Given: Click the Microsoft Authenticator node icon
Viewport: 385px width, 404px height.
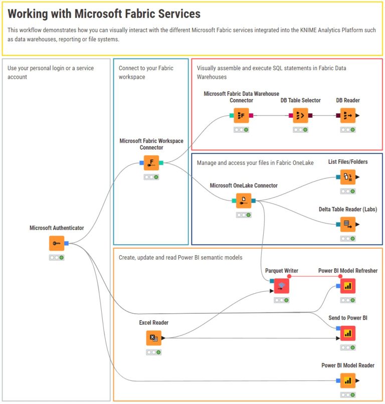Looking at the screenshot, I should pyautogui.click(x=57, y=243).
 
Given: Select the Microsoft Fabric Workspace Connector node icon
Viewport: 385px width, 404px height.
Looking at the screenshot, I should pyautogui.click(x=151, y=162).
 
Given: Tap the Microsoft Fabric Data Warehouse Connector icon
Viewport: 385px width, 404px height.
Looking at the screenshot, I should pyautogui.click(x=241, y=115).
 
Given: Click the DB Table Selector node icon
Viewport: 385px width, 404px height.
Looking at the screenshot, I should pyautogui.click(x=300, y=115).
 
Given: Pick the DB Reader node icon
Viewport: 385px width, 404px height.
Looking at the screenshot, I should pyautogui.click(x=347, y=115).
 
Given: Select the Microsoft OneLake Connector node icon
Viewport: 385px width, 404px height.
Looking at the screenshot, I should pyautogui.click(x=244, y=200).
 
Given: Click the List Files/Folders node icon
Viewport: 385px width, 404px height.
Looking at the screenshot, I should pyautogui.click(x=347, y=177).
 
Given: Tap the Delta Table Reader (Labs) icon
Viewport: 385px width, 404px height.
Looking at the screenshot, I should pyautogui.click(x=347, y=224).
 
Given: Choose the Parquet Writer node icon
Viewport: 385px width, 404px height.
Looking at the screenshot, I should pyautogui.click(x=281, y=286).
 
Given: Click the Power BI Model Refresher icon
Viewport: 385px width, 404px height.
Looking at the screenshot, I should pyautogui.click(x=347, y=286).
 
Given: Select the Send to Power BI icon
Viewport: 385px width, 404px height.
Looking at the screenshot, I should pyautogui.click(x=347, y=333).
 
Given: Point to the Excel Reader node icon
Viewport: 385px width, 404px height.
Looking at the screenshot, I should pyautogui.click(x=154, y=338).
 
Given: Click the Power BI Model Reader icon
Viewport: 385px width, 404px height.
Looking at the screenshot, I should pyautogui.click(x=347, y=380).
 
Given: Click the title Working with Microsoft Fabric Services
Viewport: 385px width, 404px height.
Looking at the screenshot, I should pyautogui.click(x=104, y=14).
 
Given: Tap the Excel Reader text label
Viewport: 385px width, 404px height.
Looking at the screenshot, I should pyautogui.click(x=154, y=323).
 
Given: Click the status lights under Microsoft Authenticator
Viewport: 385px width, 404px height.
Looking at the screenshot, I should pyautogui.click(x=57, y=258).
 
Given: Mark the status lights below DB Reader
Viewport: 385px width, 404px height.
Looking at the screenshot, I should pyautogui.click(x=347, y=130).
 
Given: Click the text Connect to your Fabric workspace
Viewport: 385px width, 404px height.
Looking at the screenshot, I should pyautogui.click(x=146, y=72).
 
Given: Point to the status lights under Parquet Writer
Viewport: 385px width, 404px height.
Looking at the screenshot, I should pyautogui.click(x=281, y=300).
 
